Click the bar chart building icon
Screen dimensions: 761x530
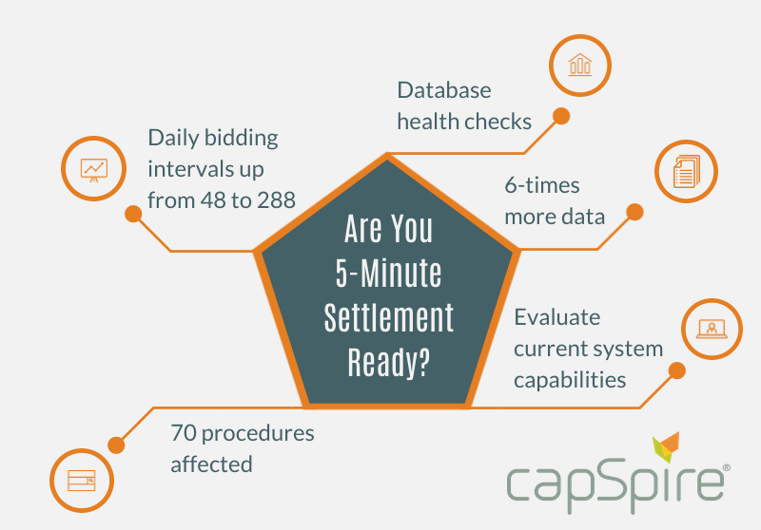(x=580, y=65)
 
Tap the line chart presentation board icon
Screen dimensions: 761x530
(x=93, y=170)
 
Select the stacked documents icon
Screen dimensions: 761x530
(x=686, y=171)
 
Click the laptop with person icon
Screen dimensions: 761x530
(x=712, y=329)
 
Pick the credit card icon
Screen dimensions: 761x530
(x=82, y=480)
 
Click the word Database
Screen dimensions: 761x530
(x=444, y=90)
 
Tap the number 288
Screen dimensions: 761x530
(x=276, y=200)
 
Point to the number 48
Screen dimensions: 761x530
(x=212, y=200)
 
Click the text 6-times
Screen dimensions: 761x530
(x=542, y=185)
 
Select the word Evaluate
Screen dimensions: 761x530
(x=557, y=317)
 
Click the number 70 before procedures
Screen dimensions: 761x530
(x=183, y=433)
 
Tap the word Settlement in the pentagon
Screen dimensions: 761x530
(x=388, y=318)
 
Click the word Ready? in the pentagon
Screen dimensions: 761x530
(x=388, y=363)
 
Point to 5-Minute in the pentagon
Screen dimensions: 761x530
(x=388, y=273)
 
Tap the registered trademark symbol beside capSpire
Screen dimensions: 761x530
(x=727, y=467)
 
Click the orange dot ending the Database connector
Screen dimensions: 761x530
(x=561, y=116)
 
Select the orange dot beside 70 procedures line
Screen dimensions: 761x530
(x=116, y=445)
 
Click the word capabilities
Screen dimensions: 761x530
(x=570, y=380)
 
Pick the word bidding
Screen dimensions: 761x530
(x=242, y=138)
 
